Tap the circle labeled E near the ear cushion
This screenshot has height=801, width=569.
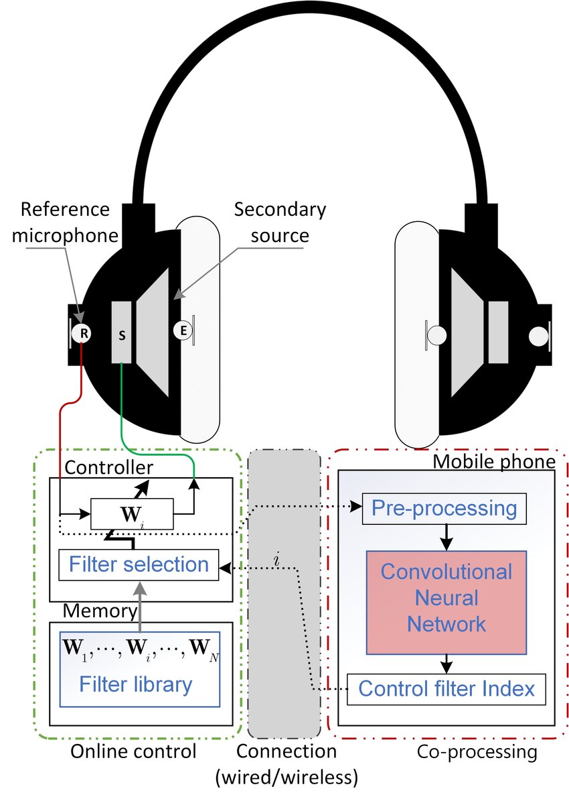[182, 330]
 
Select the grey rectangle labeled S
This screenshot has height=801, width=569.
[122, 333]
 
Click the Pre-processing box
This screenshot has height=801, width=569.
[444, 508]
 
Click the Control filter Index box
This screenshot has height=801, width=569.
[446, 688]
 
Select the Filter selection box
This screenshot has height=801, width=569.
[140, 564]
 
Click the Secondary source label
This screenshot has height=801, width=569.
[280, 222]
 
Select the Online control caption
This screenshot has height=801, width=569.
[134, 751]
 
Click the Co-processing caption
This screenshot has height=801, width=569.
[477, 751]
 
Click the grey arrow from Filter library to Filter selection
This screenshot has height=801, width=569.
[140, 605]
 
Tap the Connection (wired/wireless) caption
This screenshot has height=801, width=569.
[287, 763]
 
